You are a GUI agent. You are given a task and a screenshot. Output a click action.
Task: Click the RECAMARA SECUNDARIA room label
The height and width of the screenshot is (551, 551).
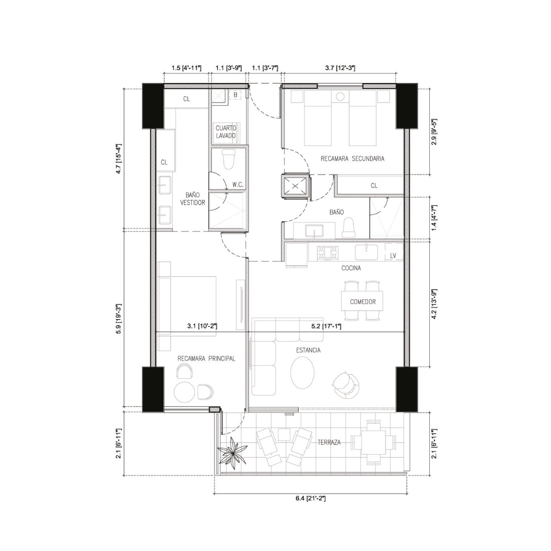point(353,159)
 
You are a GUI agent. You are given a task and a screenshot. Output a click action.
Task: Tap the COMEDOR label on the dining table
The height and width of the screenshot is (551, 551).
point(363,302)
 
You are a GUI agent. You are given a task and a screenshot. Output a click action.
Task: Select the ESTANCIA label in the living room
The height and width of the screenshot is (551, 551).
point(308,350)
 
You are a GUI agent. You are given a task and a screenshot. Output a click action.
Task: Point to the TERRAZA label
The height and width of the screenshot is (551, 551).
point(329,442)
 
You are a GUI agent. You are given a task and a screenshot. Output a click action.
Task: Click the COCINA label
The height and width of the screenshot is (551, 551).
point(351,268)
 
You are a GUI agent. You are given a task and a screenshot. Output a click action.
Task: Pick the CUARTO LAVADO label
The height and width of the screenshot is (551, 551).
point(226,132)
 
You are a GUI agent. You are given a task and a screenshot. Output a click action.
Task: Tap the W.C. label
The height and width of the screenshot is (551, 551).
point(238,185)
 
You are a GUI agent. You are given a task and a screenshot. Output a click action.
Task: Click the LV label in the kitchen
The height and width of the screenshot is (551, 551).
point(393,256)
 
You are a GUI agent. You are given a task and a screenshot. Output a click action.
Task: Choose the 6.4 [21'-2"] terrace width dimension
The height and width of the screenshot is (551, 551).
point(310,499)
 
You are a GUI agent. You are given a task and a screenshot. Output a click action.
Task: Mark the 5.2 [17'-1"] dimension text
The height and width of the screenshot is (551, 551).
point(326,326)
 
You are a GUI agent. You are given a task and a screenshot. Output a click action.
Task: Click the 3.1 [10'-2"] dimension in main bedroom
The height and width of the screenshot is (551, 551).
point(202,326)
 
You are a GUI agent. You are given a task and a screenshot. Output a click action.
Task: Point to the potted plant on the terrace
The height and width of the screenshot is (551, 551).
point(232,453)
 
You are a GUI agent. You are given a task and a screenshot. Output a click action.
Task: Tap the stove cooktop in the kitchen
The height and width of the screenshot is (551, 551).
point(328,253)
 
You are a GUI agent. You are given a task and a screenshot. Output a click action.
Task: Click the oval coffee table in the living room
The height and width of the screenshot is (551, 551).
point(302,373)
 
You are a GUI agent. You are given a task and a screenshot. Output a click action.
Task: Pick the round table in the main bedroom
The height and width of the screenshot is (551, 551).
point(185,392)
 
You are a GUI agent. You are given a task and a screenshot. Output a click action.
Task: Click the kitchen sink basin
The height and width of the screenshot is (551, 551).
point(366,252)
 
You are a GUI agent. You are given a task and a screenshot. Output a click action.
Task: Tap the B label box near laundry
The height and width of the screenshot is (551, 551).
point(236,95)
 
